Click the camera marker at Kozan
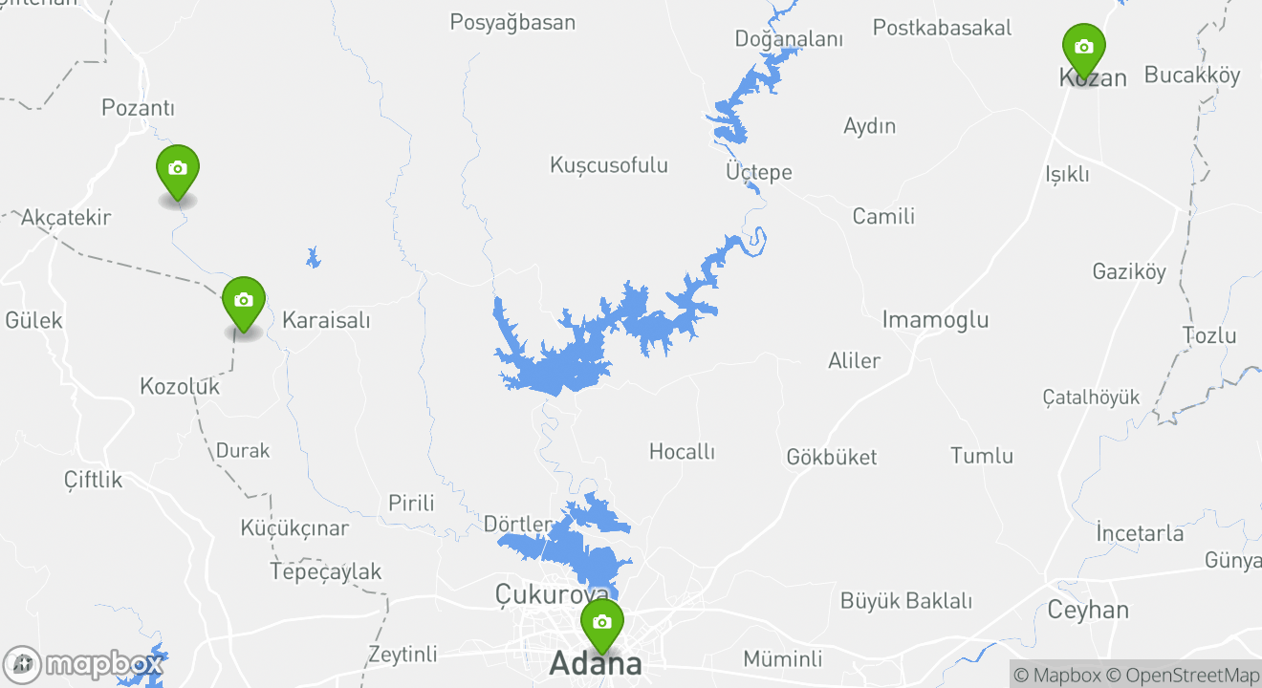click(x=1083, y=48)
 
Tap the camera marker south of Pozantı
click(x=177, y=169)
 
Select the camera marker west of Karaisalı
click(x=244, y=301)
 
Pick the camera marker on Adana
click(x=601, y=623)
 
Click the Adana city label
click(x=595, y=662)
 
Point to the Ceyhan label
click(x=1088, y=610)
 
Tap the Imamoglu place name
click(x=935, y=319)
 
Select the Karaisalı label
click(x=326, y=320)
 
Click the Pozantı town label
click(x=139, y=108)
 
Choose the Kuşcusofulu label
click(x=609, y=165)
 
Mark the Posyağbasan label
click(x=512, y=22)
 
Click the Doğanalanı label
click(x=789, y=39)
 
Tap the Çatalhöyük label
click(x=1091, y=398)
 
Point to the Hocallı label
click(x=682, y=451)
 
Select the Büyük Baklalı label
click(x=906, y=601)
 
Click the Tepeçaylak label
click(x=326, y=571)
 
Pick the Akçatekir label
click(x=66, y=217)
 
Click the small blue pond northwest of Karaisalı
click(x=313, y=257)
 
